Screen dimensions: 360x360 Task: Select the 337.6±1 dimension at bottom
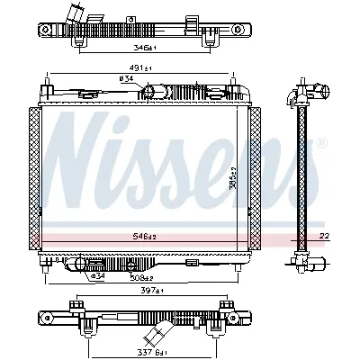[x=141, y=340]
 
